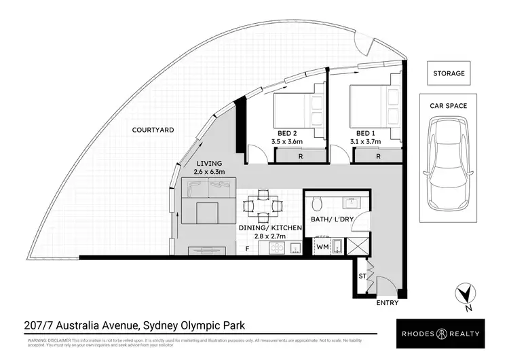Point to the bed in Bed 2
pos(299,108)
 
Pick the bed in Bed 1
pos(375,108)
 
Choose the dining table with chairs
pos(262,204)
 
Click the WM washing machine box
pos(322,248)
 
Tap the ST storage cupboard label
pos(362,276)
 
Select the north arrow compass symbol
pos(463,294)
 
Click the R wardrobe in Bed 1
pos(378,157)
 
